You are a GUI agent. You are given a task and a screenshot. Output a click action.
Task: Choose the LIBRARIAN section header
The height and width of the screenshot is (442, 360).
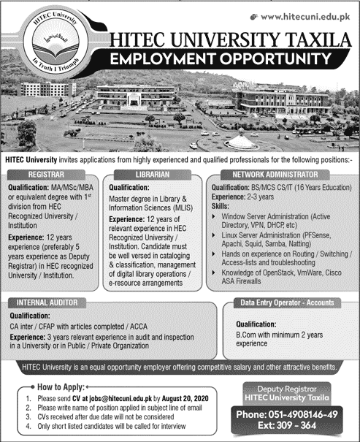point(149,175)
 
